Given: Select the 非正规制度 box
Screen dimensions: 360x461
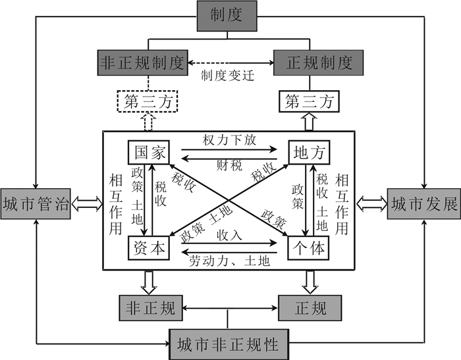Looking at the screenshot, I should [x=142, y=63].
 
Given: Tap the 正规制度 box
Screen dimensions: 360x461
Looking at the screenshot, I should [x=321, y=63].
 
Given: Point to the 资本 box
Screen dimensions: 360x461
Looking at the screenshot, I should [x=149, y=248].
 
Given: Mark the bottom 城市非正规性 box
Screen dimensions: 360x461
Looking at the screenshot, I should [x=229, y=344].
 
